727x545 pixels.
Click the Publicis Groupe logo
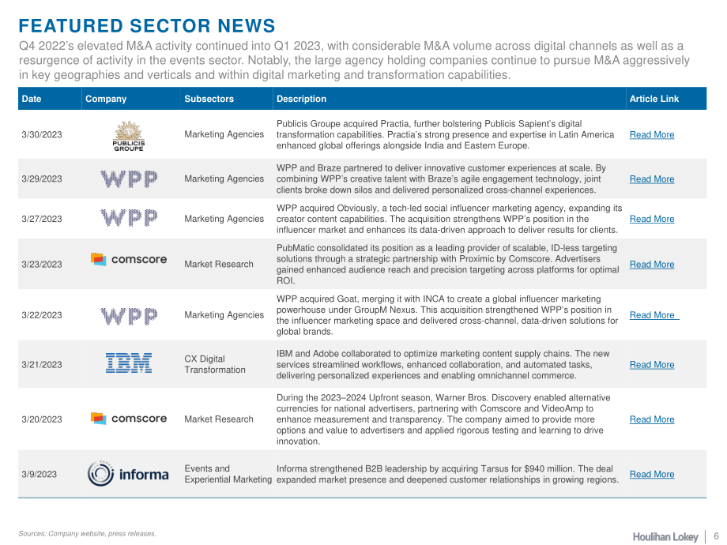pyautogui.click(x=129, y=136)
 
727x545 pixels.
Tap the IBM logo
pyautogui.click(x=129, y=363)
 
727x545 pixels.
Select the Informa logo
pyautogui.click(x=128, y=474)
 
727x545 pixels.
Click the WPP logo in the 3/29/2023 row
pyautogui.click(x=129, y=179)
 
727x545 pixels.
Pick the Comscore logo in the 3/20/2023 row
pyautogui.click(x=129, y=419)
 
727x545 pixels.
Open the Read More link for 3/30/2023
pyautogui.click(x=652, y=135)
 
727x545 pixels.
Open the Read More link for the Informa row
pyautogui.click(x=652, y=475)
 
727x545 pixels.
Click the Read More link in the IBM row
pyautogui.click(x=652, y=365)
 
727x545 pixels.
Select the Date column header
pyautogui.click(x=32, y=99)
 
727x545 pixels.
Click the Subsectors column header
pyautogui.click(x=209, y=99)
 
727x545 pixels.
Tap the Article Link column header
pyautogui.click(x=654, y=99)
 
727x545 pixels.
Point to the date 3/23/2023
pyautogui.click(x=42, y=265)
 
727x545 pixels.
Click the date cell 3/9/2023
pyautogui.click(x=39, y=475)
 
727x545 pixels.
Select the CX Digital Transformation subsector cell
pyautogui.click(x=215, y=364)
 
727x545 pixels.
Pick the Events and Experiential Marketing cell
pyautogui.click(x=228, y=474)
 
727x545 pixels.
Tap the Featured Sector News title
pyautogui.click(x=147, y=26)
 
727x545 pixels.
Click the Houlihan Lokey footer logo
pyautogui.click(x=665, y=536)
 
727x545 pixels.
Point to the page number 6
pyautogui.click(x=717, y=536)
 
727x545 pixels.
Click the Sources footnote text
pyautogui.click(x=87, y=534)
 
